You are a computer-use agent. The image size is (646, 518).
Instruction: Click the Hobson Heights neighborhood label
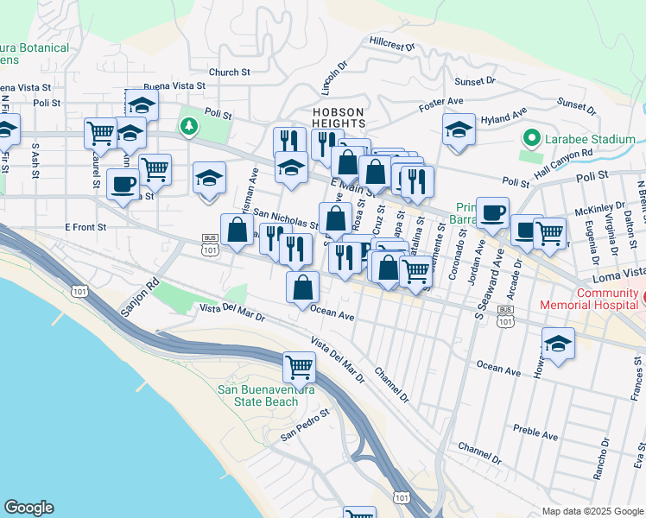click(339, 118)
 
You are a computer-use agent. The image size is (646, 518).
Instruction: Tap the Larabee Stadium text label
click(591, 139)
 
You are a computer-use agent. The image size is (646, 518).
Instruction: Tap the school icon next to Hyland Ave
click(459, 129)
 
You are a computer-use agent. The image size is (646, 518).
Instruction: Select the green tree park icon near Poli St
click(189, 128)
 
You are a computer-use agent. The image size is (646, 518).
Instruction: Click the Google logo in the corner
click(28, 508)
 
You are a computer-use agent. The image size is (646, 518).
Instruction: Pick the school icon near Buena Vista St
click(142, 105)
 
